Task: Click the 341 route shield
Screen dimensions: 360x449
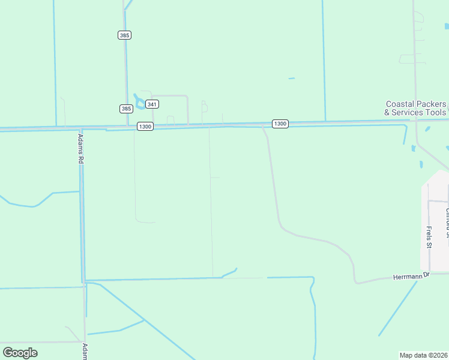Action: coord(152,104)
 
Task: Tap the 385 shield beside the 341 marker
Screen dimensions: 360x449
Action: coord(125,109)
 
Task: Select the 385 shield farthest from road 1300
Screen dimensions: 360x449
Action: coord(124,35)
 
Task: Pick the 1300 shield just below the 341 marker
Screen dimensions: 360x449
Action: coord(145,126)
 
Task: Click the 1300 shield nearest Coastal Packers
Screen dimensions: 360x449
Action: coord(280,124)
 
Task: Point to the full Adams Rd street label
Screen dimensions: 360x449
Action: coord(80,148)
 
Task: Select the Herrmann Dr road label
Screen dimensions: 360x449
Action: coord(412,277)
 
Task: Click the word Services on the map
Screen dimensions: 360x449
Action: coord(409,112)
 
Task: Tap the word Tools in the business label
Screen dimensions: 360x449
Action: coord(437,112)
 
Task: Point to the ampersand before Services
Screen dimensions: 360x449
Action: coord(388,112)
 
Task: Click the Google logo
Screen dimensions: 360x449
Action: coord(20,352)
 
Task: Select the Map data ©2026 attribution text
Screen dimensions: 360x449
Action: coord(424,355)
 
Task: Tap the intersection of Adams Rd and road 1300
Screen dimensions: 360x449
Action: coord(81,128)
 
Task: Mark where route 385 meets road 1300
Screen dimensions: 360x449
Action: coord(127,127)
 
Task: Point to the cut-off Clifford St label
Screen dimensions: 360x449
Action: coord(447,223)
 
